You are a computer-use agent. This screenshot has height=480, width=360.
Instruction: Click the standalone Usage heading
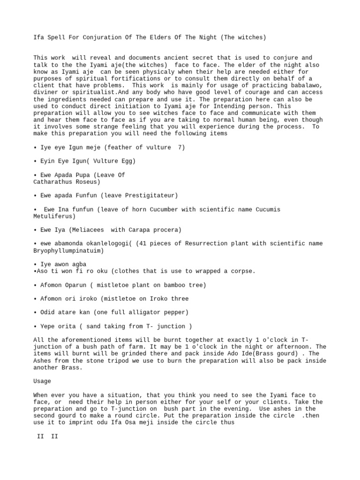[42, 381]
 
